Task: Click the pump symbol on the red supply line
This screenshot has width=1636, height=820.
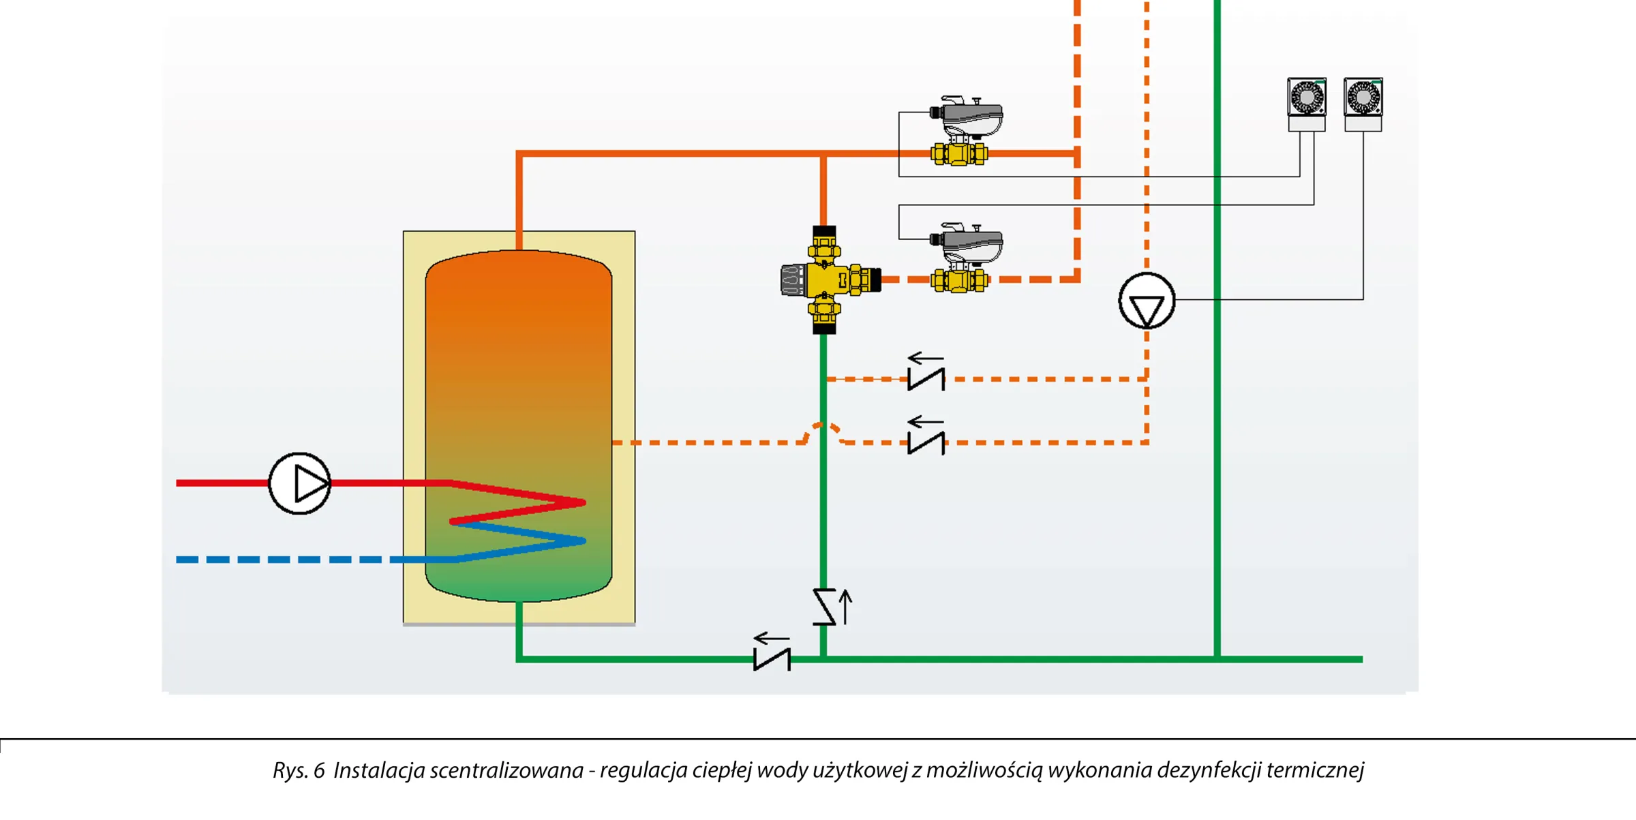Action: [300, 483]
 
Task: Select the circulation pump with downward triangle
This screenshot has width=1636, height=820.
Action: [1147, 301]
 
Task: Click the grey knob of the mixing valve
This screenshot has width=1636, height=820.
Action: [793, 280]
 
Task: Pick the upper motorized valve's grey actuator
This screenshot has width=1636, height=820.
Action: [968, 116]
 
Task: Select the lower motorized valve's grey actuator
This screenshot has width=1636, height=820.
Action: [968, 243]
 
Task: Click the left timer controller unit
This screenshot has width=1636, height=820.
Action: [1307, 104]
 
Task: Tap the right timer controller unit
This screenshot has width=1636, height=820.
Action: [1363, 104]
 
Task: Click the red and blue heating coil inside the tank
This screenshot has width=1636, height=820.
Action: [518, 521]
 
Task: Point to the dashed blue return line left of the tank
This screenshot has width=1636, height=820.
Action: [283, 560]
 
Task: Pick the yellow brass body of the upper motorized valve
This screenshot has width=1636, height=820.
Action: [959, 154]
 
